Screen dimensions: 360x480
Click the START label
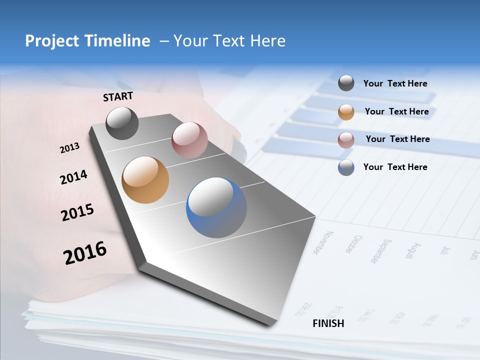[x=118, y=96]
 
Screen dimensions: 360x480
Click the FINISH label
[x=328, y=323]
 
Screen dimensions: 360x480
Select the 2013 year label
[x=69, y=148]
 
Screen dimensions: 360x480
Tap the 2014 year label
[x=73, y=177]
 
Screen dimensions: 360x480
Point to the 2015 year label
[x=77, y=212]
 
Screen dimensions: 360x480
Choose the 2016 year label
[x=85, y=252]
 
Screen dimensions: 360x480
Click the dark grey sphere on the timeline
[x=122, y=123]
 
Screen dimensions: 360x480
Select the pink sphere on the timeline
[x=189, y=139]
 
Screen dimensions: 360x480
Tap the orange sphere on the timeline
[x=145, y=180]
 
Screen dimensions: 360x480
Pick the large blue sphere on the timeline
[x=216, y=207]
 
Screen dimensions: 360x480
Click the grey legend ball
[x=346, y=83]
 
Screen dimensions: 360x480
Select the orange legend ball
[x=346, y=112]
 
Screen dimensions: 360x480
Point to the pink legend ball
[x=346, y=140]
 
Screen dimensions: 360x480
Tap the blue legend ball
[x=346, y=167]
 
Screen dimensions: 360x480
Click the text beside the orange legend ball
[x=396, y=111]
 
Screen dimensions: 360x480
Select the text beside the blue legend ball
[x=395, y=167]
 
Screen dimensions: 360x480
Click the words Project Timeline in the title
[x=87, y=41]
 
